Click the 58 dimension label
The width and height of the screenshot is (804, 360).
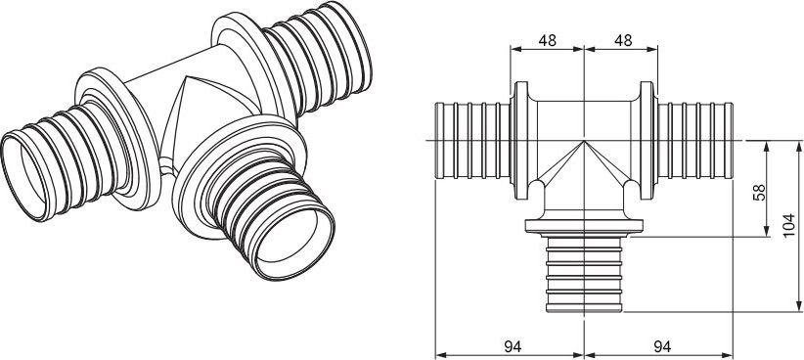pyautogui.click(x=759, y=192)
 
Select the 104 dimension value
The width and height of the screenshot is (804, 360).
pyautogui.click(x=789, y=225)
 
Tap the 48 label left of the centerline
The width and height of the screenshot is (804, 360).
pyautogui.click(x=547, y=41)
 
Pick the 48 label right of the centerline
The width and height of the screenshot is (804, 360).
pyautogui.click(x=622, y=41)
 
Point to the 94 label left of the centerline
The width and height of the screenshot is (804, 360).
pyautogui.click(x=513, y=346)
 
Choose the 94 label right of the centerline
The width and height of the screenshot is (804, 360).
pyautogui.click(x=662, y=346)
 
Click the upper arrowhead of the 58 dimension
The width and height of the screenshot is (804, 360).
pyautogui.click(x=767, y=147)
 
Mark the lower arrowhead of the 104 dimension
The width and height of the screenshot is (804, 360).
pyautogui.click(x=799, y=304)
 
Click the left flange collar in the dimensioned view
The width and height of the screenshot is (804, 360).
pyautogui.click(x=521, y=140)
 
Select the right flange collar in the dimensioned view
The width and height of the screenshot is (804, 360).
pyautogui.click(x=648, y=140)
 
